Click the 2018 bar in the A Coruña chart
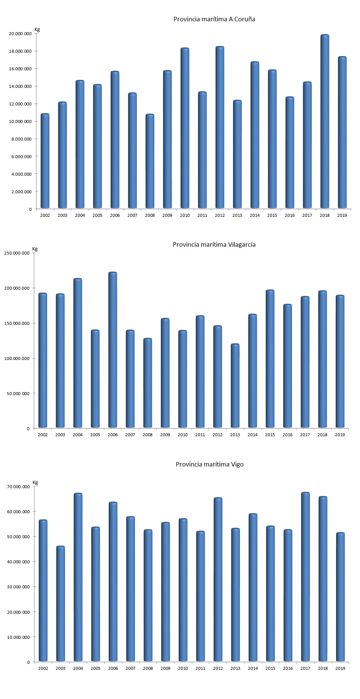tap(324, 121)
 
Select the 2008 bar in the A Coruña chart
tap(150, 161)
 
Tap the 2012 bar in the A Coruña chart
tap(220, 127)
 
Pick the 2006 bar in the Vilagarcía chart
tap(113, 350)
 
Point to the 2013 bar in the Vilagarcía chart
tap(235, 386)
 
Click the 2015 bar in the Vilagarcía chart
tap(270, 359)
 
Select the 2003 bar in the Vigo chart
tap(61, 604)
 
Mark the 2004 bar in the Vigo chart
tap(78, 577)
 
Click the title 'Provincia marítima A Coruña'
tap(214, 19)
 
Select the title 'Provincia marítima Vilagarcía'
tap(214, 245)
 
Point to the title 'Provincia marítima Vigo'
tap(210, 465)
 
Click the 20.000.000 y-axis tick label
tap(21, 34)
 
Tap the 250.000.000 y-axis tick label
tap(17, 253)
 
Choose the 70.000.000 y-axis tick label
tap(18, 487)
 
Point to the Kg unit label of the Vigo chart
tap(36, 483)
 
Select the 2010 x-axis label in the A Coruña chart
tap(185, 215)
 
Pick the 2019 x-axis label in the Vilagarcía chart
tap(340, 435)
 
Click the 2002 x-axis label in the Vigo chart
tap(43, 668)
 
